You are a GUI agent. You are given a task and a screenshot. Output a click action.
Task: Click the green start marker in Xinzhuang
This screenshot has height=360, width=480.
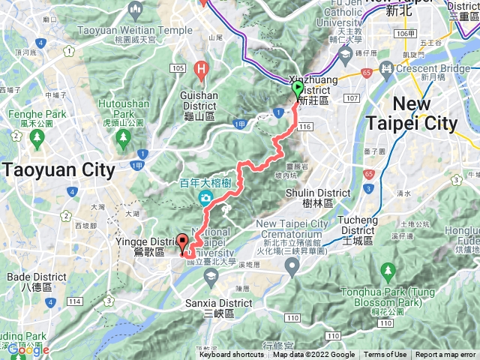click(297, 89)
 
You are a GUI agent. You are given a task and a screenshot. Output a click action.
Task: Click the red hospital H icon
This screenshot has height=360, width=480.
click(200, 71)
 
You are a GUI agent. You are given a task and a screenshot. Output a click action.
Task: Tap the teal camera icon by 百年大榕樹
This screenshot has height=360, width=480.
click(205, 198)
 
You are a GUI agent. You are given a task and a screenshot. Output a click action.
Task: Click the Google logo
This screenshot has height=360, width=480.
click(28, 349)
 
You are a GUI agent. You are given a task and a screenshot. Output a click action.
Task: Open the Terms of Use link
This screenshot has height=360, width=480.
click(385, 355)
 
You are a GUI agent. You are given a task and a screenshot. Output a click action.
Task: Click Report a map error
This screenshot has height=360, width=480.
click(445, 355)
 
